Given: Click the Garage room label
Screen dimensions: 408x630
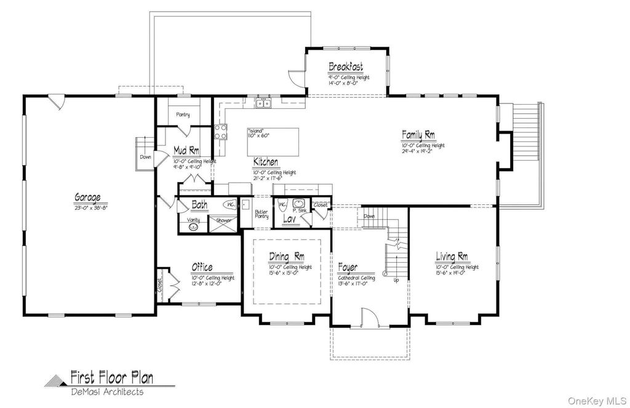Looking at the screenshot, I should [87, 198].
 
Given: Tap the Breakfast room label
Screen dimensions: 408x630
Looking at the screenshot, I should [345, 66].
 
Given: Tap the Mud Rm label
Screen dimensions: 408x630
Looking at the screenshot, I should [186, 150].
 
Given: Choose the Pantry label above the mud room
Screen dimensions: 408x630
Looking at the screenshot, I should [183, 114].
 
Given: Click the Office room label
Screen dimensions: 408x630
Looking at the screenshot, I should [202, 267].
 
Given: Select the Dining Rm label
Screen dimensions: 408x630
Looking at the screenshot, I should [286, 257].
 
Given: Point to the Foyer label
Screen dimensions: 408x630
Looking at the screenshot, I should [348, 268].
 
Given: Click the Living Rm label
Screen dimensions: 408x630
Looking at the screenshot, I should [452, 257].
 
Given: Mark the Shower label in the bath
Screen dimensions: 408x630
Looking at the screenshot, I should [223, 220].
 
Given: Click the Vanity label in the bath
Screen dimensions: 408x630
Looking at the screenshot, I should [194, 220].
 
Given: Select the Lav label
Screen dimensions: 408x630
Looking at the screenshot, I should [290, 218].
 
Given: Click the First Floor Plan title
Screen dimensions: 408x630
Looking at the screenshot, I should [111, 377].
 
